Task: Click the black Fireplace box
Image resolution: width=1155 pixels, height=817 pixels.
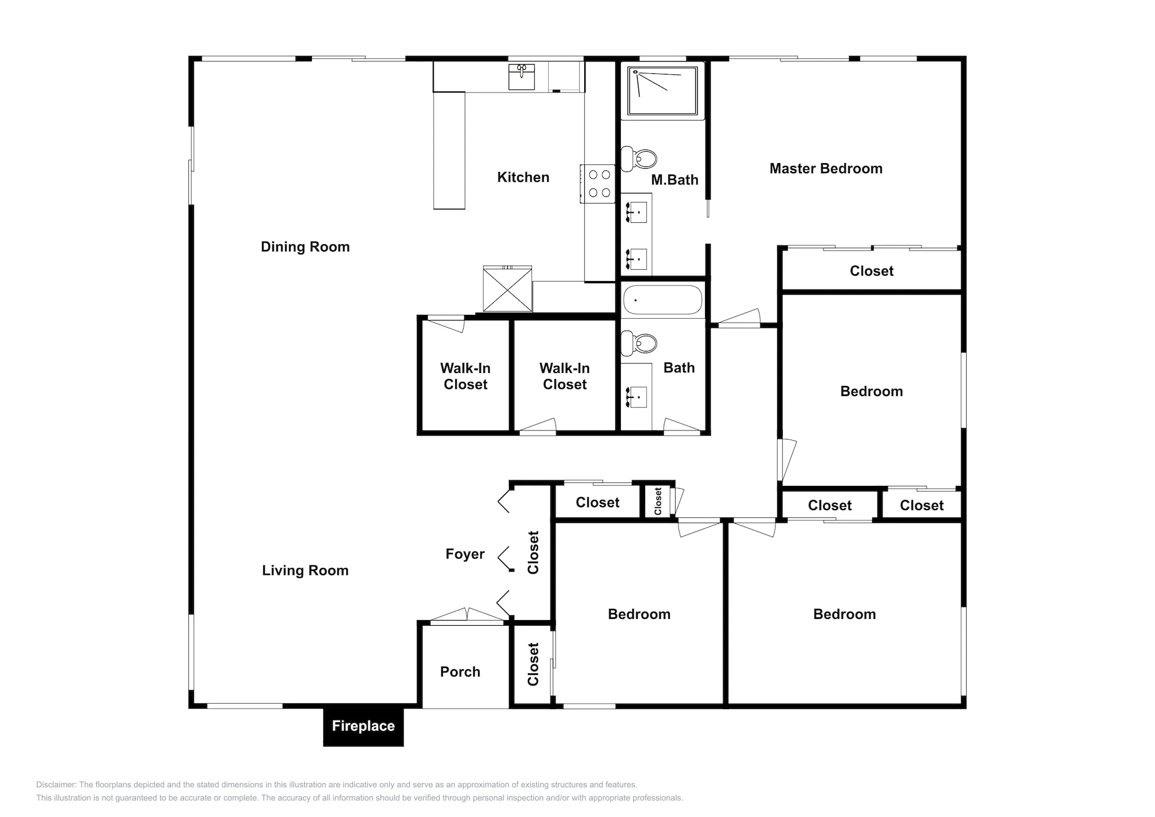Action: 363,726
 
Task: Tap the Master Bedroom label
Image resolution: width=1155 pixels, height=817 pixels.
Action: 826,169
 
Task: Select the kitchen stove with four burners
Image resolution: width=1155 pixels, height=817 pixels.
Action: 599,184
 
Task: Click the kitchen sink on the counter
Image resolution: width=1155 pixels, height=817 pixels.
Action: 522,77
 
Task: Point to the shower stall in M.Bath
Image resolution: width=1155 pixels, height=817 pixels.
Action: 663,90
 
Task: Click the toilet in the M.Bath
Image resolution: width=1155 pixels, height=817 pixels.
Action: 640,159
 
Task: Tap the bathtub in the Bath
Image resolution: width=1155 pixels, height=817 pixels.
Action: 662,300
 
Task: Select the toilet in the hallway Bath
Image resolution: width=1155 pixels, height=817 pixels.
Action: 640,343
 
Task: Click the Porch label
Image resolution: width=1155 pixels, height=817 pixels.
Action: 460,672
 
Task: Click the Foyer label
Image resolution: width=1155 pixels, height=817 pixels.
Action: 465,554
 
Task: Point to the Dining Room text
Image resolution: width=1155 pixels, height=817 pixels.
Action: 305,247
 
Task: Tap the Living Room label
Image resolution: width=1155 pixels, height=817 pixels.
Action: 305,570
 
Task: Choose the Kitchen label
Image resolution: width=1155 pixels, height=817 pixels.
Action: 523,178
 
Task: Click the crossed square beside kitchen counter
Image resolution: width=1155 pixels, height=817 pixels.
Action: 508,289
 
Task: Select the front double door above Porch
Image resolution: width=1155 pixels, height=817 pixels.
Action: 467,618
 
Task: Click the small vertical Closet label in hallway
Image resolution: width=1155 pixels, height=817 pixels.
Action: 658,501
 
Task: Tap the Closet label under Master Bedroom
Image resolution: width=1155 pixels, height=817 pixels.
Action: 871,271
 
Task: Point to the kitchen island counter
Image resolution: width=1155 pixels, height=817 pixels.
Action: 449,151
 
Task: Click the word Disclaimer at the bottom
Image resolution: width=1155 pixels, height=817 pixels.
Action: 56,785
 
